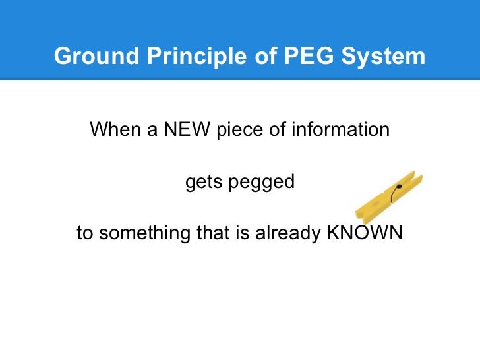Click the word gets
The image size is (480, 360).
coord(203,181)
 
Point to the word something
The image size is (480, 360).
coord(140,234)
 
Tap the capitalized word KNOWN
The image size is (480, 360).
coord(364,233)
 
